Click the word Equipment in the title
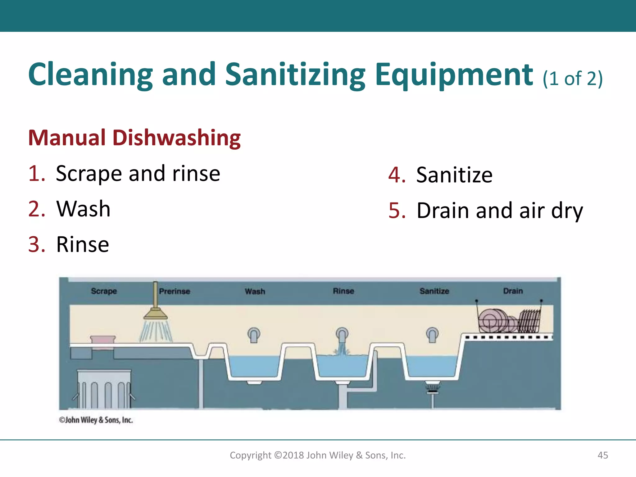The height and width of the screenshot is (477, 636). pos(454,75)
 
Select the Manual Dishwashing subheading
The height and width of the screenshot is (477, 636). pos(134,138)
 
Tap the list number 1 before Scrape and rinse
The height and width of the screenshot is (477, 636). pos(36,173)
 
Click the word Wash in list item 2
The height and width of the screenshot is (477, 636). pos(83,209)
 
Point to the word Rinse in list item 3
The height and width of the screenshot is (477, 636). pos(83,244)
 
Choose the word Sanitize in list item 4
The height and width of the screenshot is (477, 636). pos(454,175)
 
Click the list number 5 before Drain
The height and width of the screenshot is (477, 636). pos(397,211)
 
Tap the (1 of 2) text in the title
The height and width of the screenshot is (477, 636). pos(573,78)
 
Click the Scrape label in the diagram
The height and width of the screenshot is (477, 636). pos(104,291)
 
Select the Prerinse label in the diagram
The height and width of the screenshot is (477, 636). pos(175,291)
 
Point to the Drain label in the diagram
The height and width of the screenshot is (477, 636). pos(513,291)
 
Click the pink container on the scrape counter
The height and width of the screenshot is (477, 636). pos(103,339)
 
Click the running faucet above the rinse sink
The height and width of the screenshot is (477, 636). pos(342,335)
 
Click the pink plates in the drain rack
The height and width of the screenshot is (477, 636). pos(494,320)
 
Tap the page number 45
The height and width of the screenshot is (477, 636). pos(603,455)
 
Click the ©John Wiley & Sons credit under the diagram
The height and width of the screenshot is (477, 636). pos(96,420)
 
